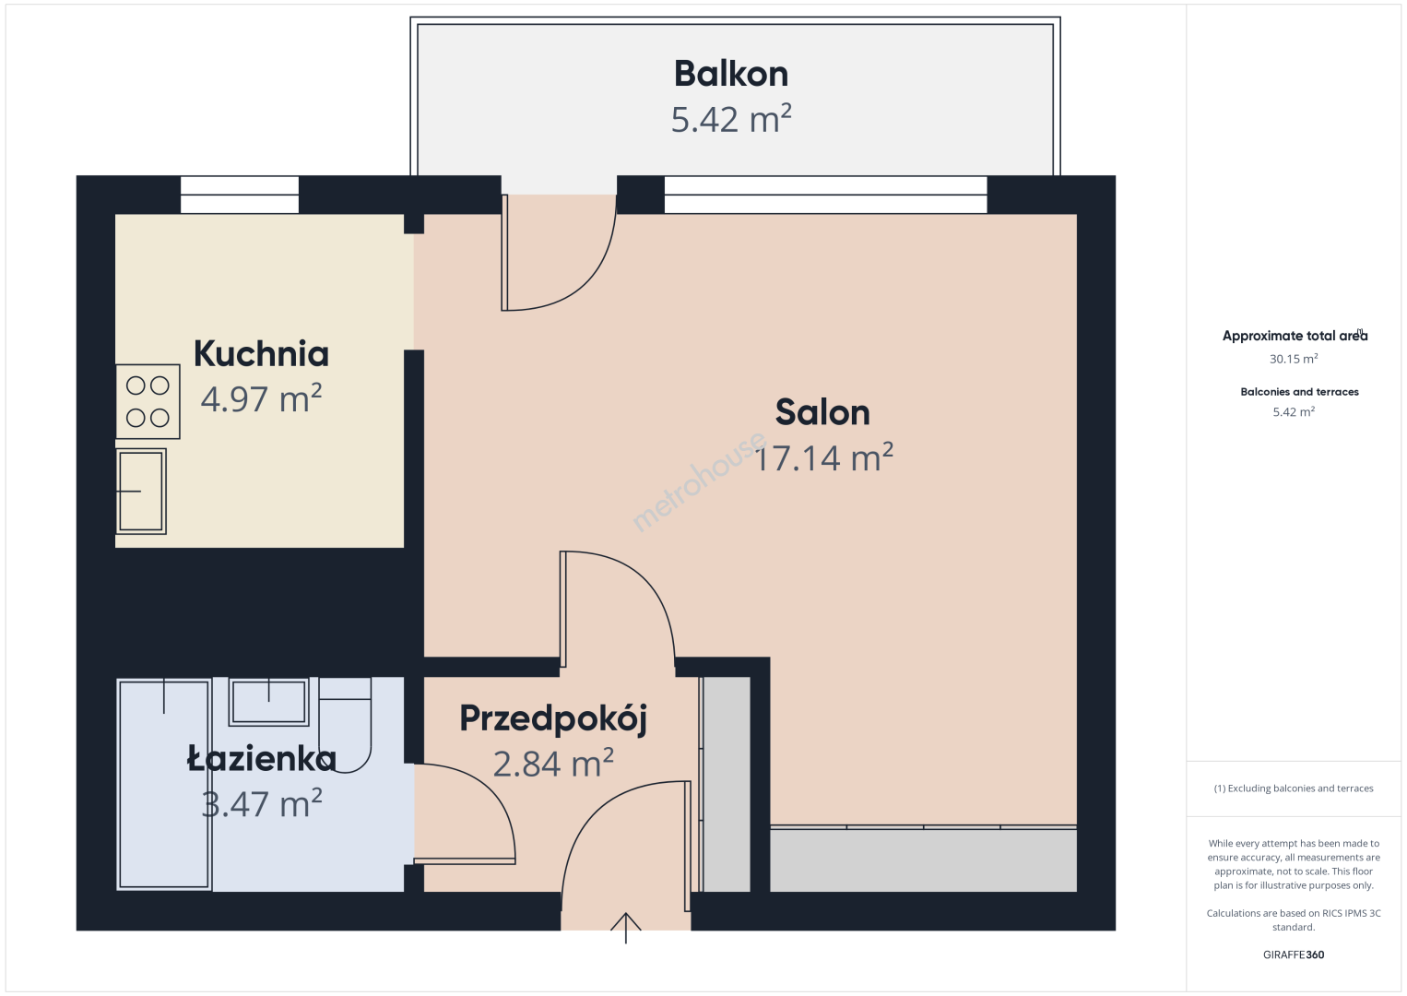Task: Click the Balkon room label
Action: [x=730, y=74]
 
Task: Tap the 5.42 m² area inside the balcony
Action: [x=730, y=119]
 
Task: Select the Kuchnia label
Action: [x=261, y=354]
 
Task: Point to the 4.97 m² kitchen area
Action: [x=261, y=398]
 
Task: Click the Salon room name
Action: [x=822, y=412]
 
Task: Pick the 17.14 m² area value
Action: [x=823, y=457]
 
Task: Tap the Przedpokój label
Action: [x=553, y=719]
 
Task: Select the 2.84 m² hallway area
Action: [x=553, y=764]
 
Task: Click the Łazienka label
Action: [x=261, y=758]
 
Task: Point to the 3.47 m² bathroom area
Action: [x=261, y=803]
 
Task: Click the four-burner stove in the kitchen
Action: [x=148, y=401]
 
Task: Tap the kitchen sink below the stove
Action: [x=141, y=492]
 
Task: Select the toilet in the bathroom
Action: [x=345, y=725]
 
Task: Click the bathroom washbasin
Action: [x=269, y=701]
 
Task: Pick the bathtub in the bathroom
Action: [x=164, y=784]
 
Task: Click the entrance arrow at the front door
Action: [x=626, y=928]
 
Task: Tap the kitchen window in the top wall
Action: [x=240, y=195]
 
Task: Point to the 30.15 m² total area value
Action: [x=1294, y=359]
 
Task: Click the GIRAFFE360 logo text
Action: [x=1294, y=954]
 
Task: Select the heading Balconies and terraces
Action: [x=1300, y=392]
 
